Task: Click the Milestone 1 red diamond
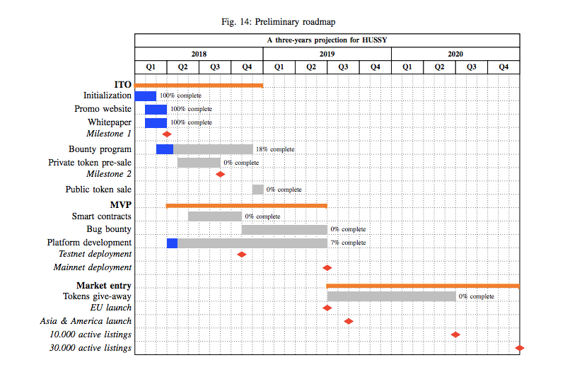[x=167, y=134]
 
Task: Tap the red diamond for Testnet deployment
[x=242, y=255]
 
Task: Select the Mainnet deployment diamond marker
[x=327, y=268]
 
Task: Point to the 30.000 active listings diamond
[x=520, y=348]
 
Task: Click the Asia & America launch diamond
[x=349, y=321]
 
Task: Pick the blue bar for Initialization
[x=146, y=96]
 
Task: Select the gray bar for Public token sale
[x=258, y=190]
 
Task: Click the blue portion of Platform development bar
[x=173, y=243]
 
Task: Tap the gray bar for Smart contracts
[x=215, y=216]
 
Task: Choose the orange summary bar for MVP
[x=247, y=206]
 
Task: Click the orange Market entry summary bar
[x=423, y=286]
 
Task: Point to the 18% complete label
[x=275, y=149]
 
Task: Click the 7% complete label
[x=348, y=243]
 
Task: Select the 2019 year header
[x=327, y=54]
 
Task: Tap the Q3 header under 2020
[x=472, y=67]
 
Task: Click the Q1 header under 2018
[x=151, y=67]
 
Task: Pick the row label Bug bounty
[x=109, y=229]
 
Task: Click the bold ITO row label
[x=123, y=85]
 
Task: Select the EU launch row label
[x=111, y=308]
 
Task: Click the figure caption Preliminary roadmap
[x=295, y=22]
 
